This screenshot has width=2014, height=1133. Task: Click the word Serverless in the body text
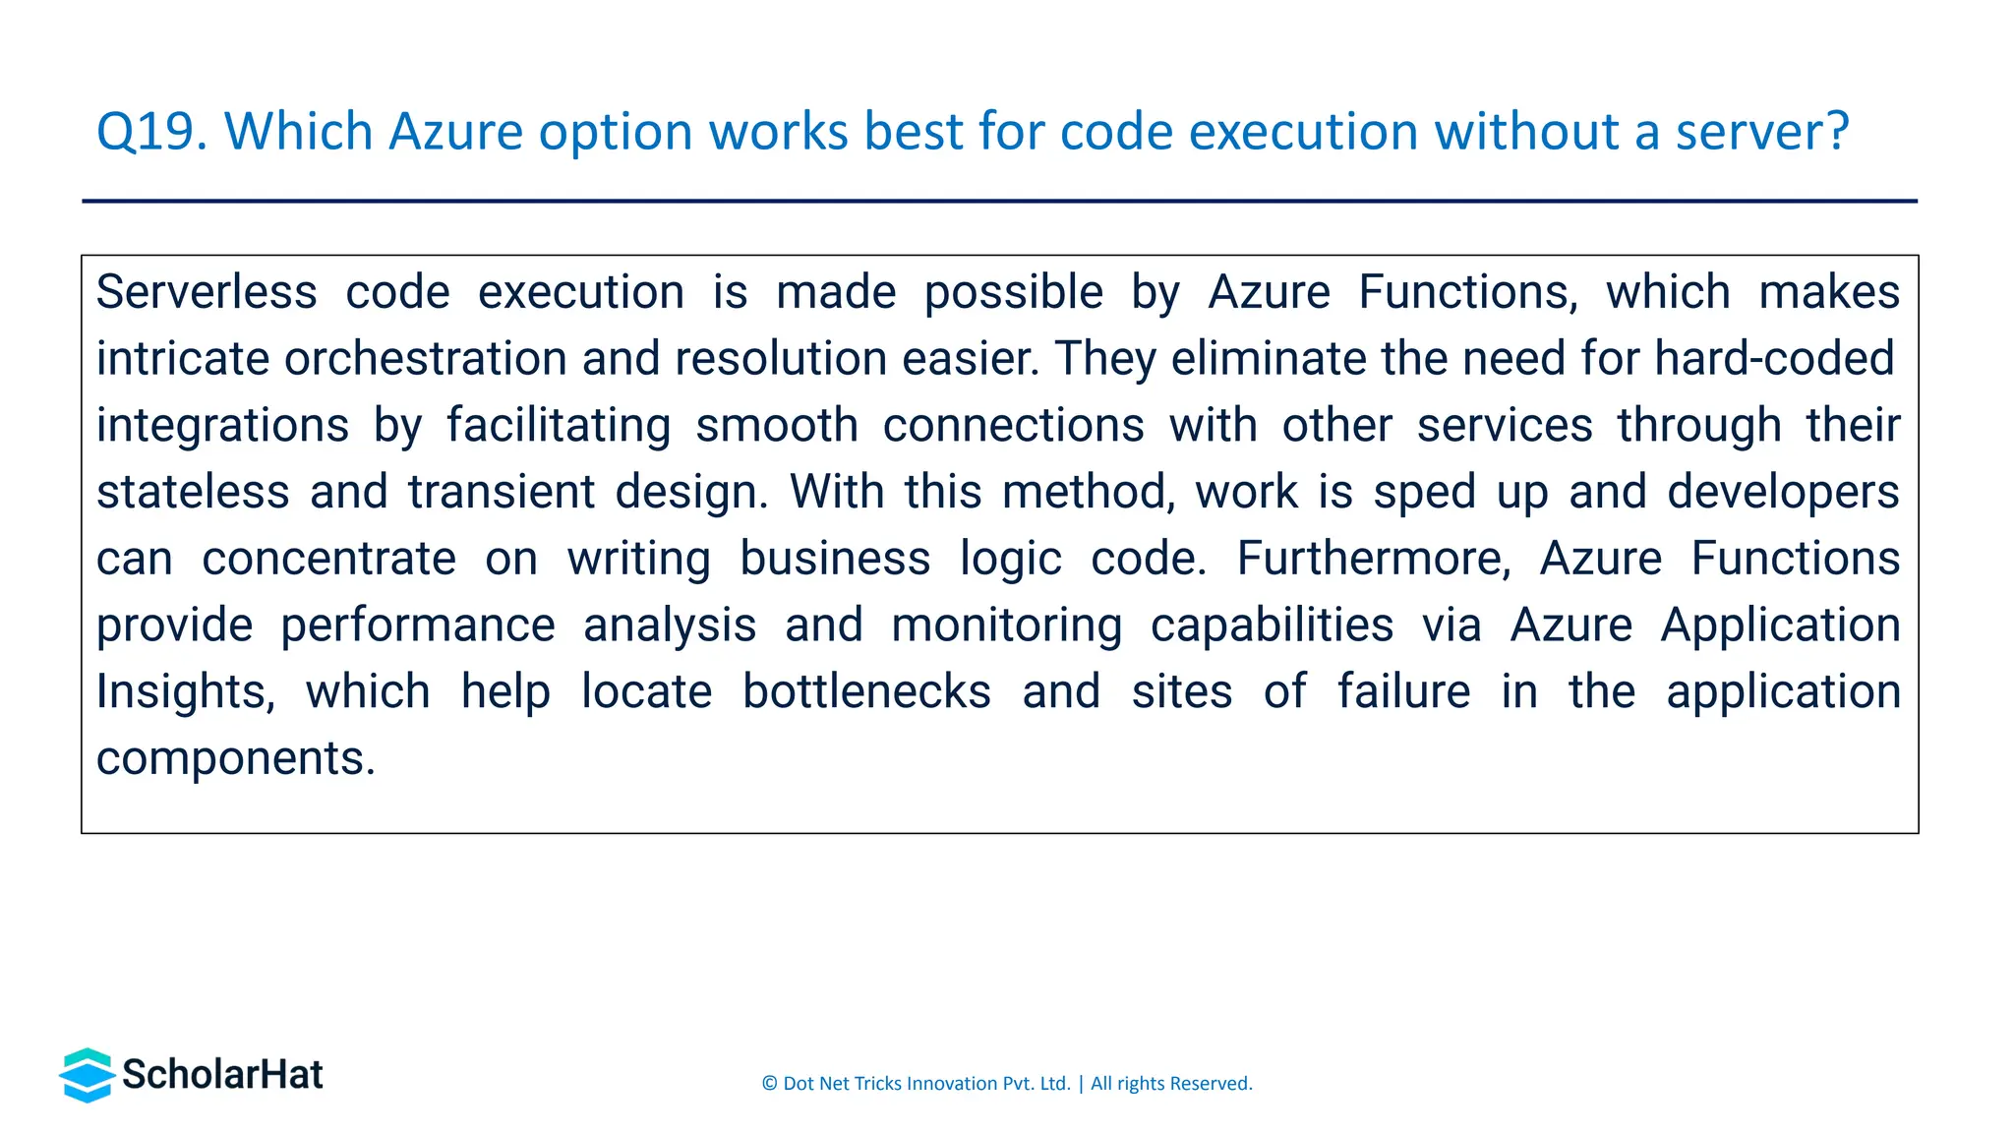pyautogui.click(x=207, y=292)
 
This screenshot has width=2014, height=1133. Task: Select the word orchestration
pyautogui.click(x=425, y=358)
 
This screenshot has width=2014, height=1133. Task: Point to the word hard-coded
pyautogui.click(x=1774, y=358)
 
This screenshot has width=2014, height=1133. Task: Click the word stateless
pyautogui.click(x=193, y=492)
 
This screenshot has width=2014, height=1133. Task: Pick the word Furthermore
pyautogui.click(x=1373, y=559)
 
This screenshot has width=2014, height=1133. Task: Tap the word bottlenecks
pyautogui.click(x=866, y=691)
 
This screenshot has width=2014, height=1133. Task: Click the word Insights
pyautogui.click(x=185, y=691)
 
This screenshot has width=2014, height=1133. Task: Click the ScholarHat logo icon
pyautogui.click(x=87, y=1075)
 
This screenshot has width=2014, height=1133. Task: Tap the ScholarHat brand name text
pyautogui.click(x=222, y=1075)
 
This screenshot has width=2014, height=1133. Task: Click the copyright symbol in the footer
pyautogui.click(x=769, y=1084)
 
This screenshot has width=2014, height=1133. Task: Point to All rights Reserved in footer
pyautogui.click(x=1170, y=1084)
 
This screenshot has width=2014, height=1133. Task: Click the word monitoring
pyautogui.click(x=1006, y=626)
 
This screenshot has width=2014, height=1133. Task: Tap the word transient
pyautogui.click(x=501, y=492)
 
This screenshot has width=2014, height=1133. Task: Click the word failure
pyautogui.click(x=1403, y=691)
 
